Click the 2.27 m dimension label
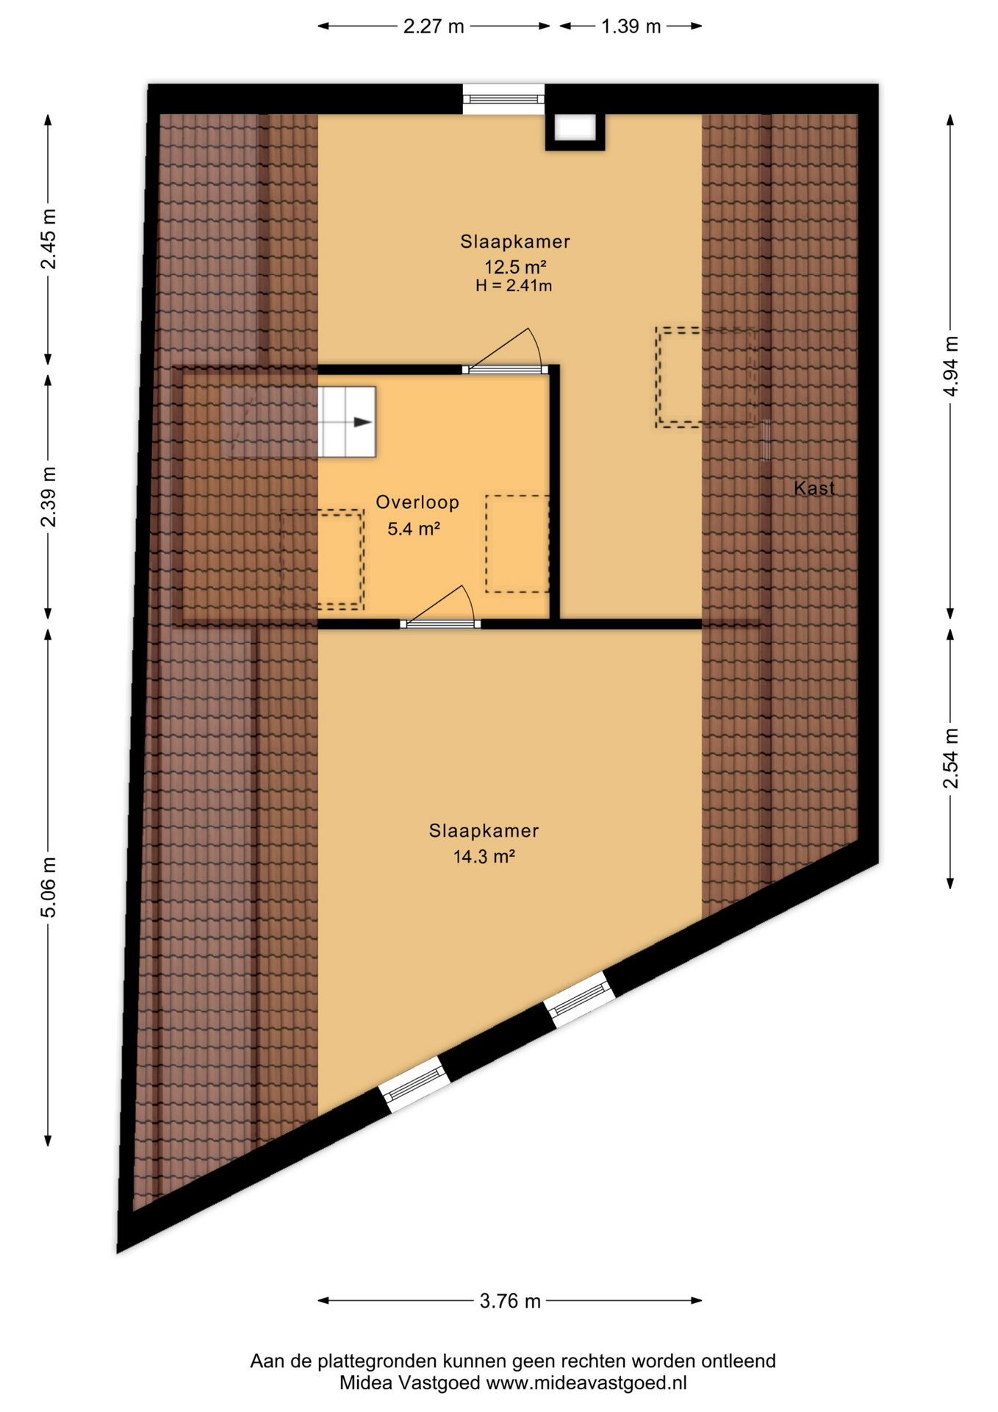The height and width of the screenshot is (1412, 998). (434, 26)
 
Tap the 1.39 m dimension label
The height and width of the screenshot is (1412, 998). (631, 26)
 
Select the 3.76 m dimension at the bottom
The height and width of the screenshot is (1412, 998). (510, 1301)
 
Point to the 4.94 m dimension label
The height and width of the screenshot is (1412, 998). (951, 366)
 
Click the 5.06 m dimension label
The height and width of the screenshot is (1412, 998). (49, 888)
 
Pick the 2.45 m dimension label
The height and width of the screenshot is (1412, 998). (49, 239)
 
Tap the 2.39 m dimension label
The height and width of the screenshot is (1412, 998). (49, 497)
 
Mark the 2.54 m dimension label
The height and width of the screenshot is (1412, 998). (951, 758)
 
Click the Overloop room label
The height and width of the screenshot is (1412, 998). (417, 502)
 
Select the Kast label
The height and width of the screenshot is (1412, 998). (814, 488)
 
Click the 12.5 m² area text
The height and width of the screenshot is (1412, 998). (514, 265)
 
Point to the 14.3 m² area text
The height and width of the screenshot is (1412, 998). (484, 856)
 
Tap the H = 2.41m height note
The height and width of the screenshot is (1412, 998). (514, 285)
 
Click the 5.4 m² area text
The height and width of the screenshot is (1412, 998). (414, 528)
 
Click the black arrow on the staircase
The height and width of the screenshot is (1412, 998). (363, 422)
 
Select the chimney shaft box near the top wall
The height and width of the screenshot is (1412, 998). (575, 130)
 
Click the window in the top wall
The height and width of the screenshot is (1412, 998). (503, 99)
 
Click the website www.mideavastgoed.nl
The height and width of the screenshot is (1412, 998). (586, 1383)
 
